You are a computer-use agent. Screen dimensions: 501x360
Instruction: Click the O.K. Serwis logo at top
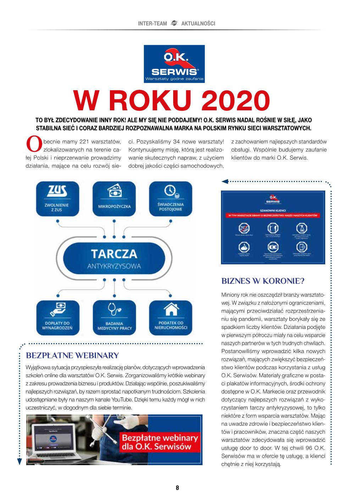(174, 64)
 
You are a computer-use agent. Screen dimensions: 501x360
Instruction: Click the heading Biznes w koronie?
(263, 281)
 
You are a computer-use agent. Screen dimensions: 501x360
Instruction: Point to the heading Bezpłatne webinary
(72, 355)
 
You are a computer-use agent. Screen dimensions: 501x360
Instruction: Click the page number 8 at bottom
(177, 488)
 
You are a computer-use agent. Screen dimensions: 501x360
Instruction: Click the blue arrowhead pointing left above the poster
(225, 182)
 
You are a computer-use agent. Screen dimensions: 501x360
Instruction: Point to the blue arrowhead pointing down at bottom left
(20, 461)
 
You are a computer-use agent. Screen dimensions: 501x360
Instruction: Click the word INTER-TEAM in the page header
(152, 23)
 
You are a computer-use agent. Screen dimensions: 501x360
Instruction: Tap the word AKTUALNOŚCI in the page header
(198, 23)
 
